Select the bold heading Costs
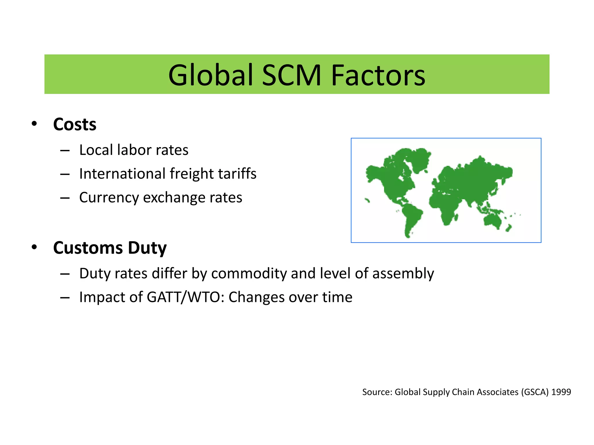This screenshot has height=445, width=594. (x=75, y=124)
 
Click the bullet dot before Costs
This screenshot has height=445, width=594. (x=34, y=124)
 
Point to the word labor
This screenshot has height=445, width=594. (x=134, y=150)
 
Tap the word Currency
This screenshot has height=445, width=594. (x=109, y=198)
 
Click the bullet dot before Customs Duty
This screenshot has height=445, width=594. (x=34, y=247)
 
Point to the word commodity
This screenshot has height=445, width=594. (x=249, y=274)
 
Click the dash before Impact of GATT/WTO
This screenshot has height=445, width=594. (x=65, y=298)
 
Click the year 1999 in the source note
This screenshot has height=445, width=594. (x=561, y=392)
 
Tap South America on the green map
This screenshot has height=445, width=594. (x=410, y=216)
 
